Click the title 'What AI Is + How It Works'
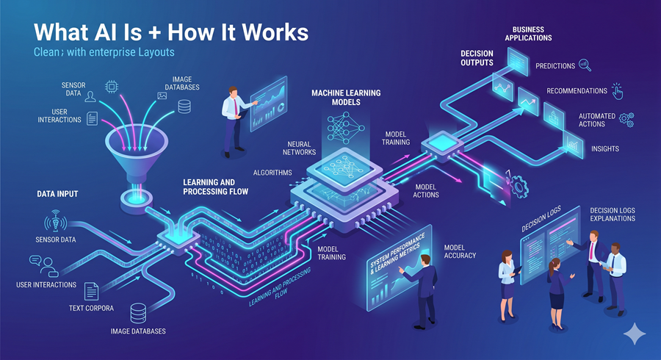[170, 33]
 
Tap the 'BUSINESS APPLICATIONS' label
[527, 33]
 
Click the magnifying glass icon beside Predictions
[585, 65]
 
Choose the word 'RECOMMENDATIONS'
[577, 91]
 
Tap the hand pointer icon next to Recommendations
[617, 91]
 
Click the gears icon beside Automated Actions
[626, 118]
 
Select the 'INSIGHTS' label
[604, 148]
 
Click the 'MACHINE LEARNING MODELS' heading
[346, 98]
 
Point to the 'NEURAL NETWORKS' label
[297, 148]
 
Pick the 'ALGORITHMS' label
[272, 173]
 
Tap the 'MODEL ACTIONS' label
[427, 190]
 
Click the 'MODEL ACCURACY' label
[460, 251]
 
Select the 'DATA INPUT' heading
[57, 195]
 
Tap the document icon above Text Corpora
[92, 290]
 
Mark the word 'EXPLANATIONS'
[613, 218]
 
